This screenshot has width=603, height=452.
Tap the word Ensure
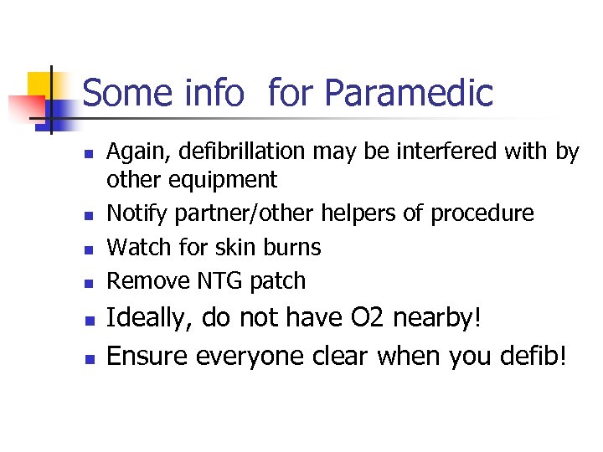click(x=147, y=357)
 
